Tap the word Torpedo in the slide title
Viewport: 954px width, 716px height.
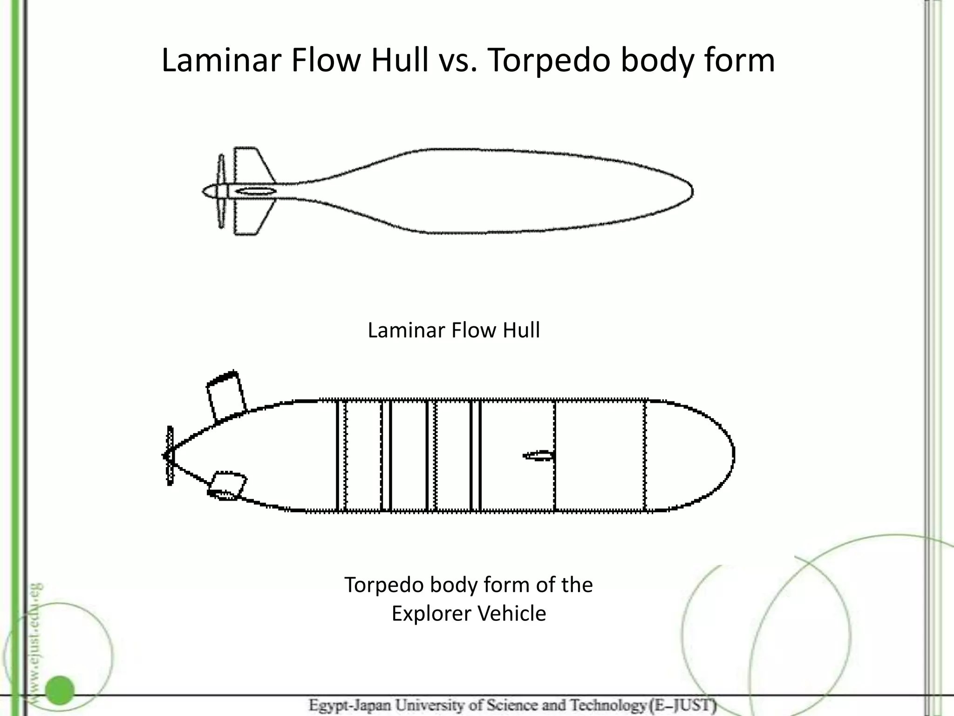pos(549,61)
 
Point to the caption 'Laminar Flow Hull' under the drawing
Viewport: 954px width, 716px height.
pos(454,330)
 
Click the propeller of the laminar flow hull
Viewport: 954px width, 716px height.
pos(221,191)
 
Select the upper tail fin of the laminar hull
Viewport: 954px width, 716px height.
pos(254,165)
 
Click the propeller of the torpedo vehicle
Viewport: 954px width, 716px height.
pos(170,455)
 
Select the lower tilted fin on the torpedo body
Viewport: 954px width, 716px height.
pos(227,486)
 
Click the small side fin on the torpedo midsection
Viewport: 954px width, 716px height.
pos(538,455)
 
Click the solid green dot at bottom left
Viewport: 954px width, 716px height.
pos(60,690)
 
